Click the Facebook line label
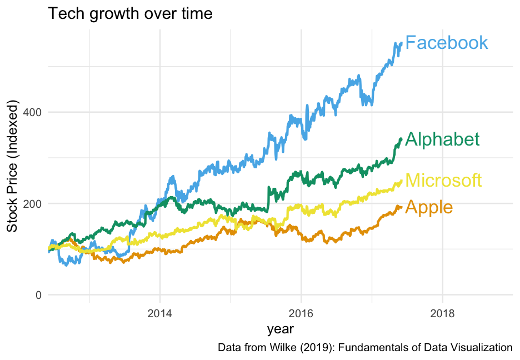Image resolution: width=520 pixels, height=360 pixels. [x=447, y=43]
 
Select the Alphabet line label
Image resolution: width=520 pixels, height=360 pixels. [x=442, y=139]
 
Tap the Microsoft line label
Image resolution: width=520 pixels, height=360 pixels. [x=443, y=181]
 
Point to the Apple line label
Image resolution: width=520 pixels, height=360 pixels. [x=429, y=207]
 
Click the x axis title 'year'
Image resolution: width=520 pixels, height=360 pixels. [x=281, y=329]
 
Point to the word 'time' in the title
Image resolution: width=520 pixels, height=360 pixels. [x=195, y=13]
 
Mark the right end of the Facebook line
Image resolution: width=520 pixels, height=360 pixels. [x=401, y=43]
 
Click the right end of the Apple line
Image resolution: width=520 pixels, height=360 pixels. [x=401, y=208]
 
